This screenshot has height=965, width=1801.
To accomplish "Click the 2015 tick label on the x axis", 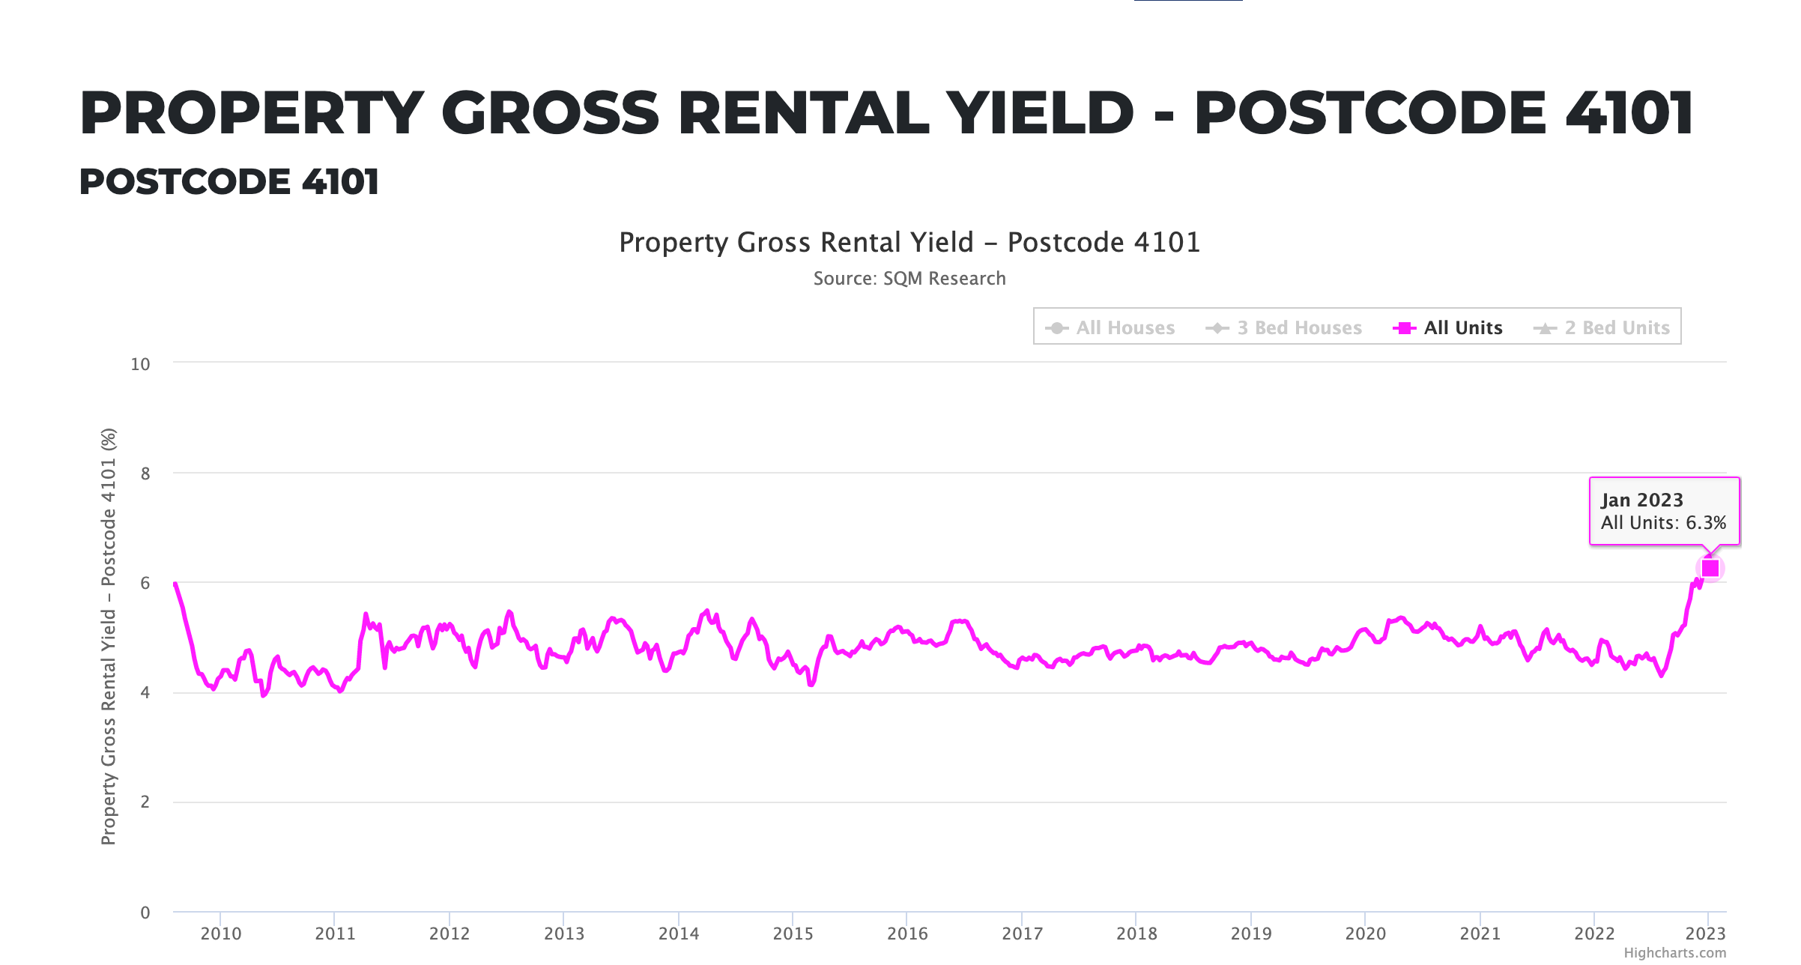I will coord(793,934).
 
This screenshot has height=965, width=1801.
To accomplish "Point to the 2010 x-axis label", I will coord(220,934).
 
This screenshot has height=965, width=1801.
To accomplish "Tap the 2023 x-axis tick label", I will coord(1705,934).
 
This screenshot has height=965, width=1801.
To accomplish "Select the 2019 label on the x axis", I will coord(1251,934).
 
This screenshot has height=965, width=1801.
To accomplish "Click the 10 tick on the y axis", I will coord(140,365).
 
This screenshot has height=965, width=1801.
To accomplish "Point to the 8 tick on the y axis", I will coord(145,474).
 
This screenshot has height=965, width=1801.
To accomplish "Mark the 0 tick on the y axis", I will coord(145,913).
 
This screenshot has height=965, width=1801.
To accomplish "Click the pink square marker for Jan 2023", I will coord(1710,569).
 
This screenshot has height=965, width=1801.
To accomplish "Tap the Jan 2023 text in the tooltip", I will coord(1641,500).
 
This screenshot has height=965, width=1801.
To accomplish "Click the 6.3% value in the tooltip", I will coord(1706,523).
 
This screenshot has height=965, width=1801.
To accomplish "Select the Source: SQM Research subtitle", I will coord(909,279).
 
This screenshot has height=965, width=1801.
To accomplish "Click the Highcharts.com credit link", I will coord(1674,953).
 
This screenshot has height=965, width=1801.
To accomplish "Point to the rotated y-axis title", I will coord(109,637).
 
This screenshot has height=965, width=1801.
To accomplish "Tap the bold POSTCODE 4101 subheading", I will coord(229,182).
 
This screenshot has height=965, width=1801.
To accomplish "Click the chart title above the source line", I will coord(909,243).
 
